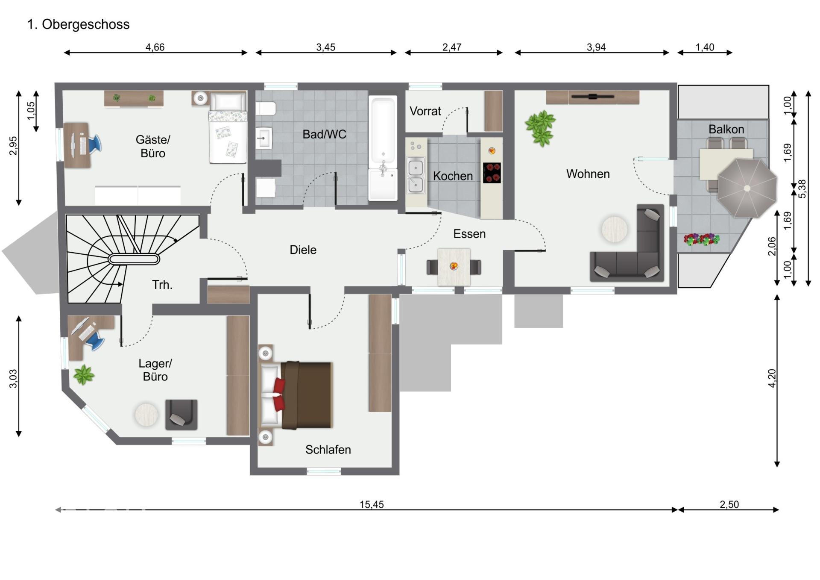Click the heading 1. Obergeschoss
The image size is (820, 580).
click(x=79, y=24)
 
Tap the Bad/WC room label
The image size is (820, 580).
click(x=324, y=134)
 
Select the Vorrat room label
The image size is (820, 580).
click(x=425, y=111)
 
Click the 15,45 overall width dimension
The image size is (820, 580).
click(x=372, y=504)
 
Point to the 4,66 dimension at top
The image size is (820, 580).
click(x=155, y=47)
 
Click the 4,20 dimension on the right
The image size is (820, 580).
click(x=772, y=378)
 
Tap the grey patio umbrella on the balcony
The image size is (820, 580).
click(x=747, y=188)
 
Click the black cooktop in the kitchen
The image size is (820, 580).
click(x=492, y=173)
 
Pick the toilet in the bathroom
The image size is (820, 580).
click(x=266, y=109)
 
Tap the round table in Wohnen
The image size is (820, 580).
click(x=615, y=229)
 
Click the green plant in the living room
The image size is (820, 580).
click(x=541, y=127)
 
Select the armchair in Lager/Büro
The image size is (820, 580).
click(x=181, y=415)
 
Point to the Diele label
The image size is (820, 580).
click(x=303, y=250)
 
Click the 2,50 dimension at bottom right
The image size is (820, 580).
click(x=729, y=504)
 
